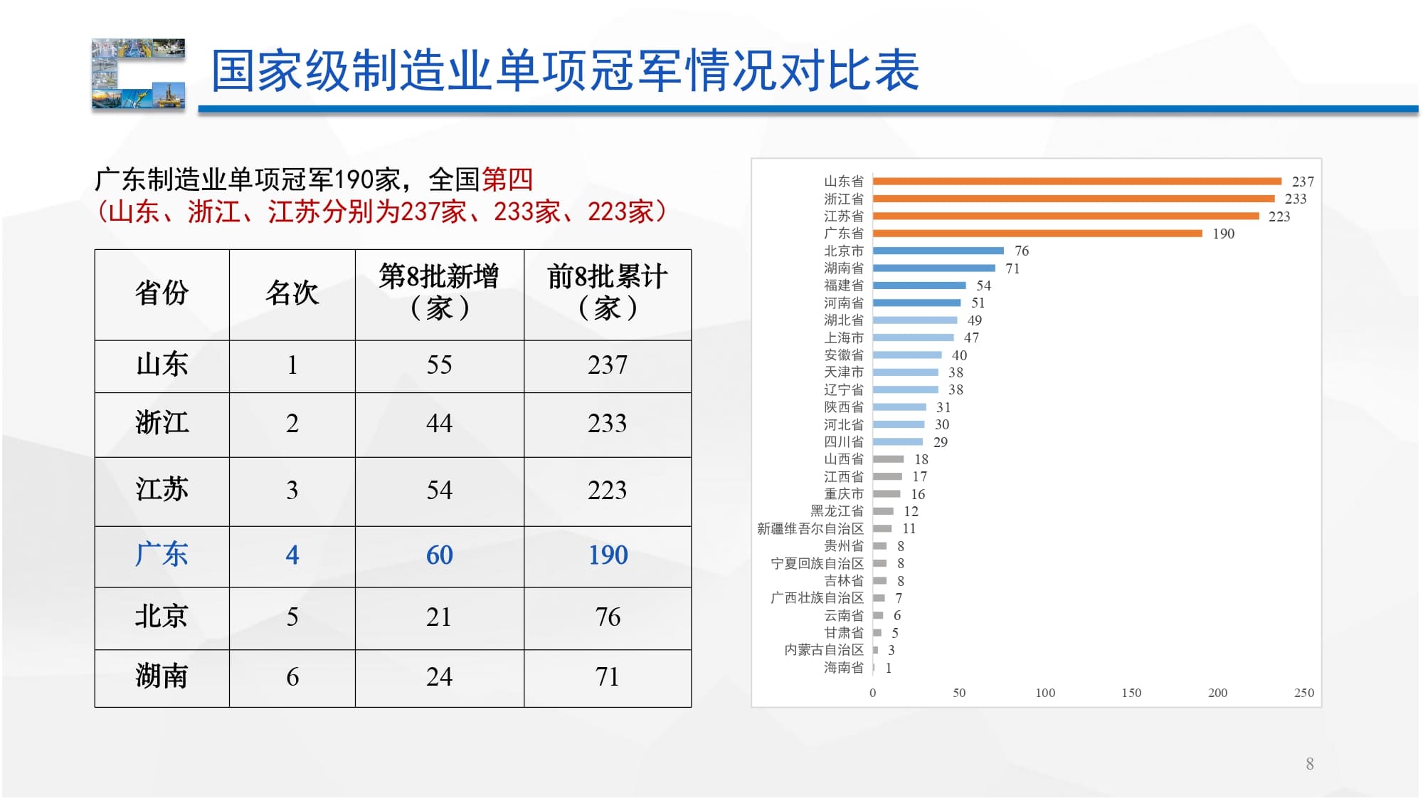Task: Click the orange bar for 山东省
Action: click(x=1076, y=182)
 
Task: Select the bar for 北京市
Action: click(x=938, y=251)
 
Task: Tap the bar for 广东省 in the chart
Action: click(x=1037, y=234)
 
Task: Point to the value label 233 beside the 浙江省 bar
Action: click(x=1295, y=199)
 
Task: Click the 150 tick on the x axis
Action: click(x=1131, y=693)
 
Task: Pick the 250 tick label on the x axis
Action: click(x=1303, y=693)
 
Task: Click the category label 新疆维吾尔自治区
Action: click(x=810, y=528)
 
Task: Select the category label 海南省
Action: click(x=843, y=667)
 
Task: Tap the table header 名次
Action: click(x=292, y=293)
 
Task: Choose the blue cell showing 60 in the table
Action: click(x=439, y=555)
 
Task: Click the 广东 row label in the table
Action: click(x=162, y=555)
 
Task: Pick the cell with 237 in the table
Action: click(x=607, y=365)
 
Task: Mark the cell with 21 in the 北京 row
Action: click(x=439, y=617)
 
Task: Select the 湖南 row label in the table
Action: click(x=162, y=676)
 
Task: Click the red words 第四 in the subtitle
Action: click(x=507, y=179)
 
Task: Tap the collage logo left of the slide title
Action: click(x=138, y=73)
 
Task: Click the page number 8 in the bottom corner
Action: click(x=1309, y=764)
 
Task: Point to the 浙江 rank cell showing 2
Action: click(x=292, y=424)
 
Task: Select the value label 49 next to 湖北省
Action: click(x=974, y=320)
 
